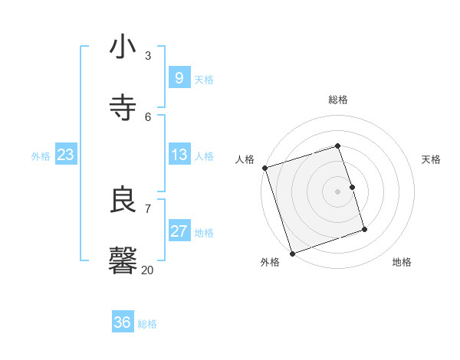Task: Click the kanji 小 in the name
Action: [x=123, y=47]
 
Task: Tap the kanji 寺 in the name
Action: [x=123, y=107]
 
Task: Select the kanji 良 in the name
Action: [x=123, y=201]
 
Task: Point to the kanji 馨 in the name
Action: [x=123, y=260]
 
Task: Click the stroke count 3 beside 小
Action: [x=148, y=55]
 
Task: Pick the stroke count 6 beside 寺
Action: [x=148, y=116]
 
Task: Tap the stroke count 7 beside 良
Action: [x=148, y=208]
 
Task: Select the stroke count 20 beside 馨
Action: [x=148, y=270]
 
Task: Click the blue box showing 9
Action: [x=179, y=77]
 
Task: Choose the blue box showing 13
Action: [x=179, y=155]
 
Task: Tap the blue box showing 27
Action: [x=179, y=231]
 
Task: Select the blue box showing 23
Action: [x=65, y=155]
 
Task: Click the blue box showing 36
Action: [x=123, y=322]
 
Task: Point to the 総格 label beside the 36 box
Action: [x=147, y=324]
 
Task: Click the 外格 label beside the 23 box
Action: [x=41, y=156]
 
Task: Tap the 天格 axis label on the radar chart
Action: [x=431, y=159]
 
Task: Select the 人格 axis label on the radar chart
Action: [x=245, y=159]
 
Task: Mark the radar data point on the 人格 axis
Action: [x=264, y=168]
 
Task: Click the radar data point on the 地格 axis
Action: [x=364, y=229]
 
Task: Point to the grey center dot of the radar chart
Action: [x=337, y=191]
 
